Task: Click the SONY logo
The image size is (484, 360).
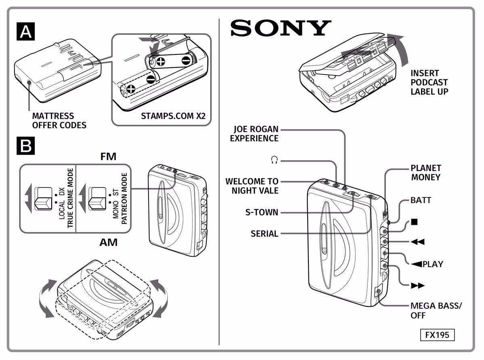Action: coord(280,28)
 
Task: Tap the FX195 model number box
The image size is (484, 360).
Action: coord(437,335)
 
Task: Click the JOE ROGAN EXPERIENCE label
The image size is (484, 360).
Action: coord(254,134)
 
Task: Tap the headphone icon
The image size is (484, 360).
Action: coord(274,161)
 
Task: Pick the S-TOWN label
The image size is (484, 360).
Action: coord(262,212)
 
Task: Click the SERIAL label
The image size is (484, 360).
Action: coord(264,234)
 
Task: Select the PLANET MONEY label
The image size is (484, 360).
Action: coord(425,172)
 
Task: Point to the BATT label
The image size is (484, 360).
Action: coord(421,200)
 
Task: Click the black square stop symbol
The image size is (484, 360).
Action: coord(414,222)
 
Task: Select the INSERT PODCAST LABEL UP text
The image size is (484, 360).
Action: coord(430,82)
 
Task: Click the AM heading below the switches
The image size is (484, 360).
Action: coord(108,242)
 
